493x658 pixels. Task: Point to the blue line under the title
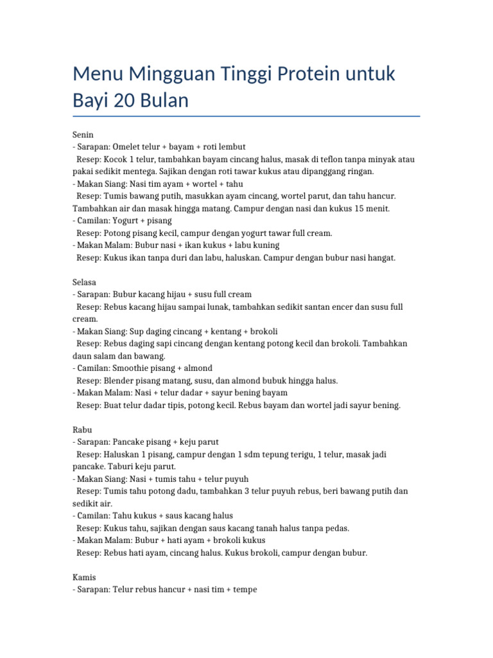coord(246,116)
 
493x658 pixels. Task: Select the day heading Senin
coord(83,134)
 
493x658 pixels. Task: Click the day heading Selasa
coord(85,282)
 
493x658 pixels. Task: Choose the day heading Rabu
coord(82,430)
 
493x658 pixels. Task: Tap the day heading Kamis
coord(85,578)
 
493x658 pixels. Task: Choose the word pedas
coord(336,528)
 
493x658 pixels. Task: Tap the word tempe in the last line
coord(245,589)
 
